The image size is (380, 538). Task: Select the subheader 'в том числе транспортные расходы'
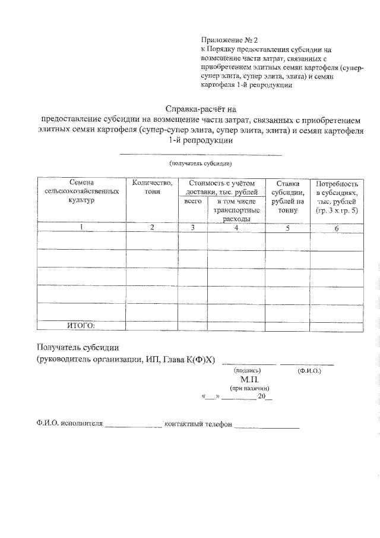(236, 210)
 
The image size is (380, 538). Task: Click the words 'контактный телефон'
(199, 424)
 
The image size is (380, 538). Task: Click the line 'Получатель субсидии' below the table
(78, 347)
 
